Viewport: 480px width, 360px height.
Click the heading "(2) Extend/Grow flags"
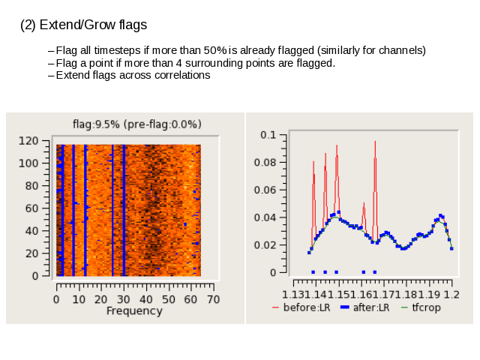83,25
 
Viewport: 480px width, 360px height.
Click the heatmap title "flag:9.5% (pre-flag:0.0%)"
137,124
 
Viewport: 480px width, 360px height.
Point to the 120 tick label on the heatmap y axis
28,141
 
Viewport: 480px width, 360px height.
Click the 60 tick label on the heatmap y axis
31,208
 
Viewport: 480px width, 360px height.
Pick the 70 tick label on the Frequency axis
213,299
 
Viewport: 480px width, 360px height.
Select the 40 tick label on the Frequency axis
146,299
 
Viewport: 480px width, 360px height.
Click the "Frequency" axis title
134,311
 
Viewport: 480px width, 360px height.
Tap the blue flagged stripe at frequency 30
124,210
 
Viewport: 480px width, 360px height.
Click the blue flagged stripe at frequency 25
112,210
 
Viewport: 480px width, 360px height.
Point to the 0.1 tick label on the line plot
268,135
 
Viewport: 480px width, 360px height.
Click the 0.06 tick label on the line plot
265,190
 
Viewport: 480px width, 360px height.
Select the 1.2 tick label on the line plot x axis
451,295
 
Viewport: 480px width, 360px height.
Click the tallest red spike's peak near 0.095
375,142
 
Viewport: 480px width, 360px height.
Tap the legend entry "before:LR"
301,307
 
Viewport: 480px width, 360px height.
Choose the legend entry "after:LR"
365,307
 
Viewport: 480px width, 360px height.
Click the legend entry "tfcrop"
421,307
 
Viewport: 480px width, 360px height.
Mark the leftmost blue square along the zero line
313,272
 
